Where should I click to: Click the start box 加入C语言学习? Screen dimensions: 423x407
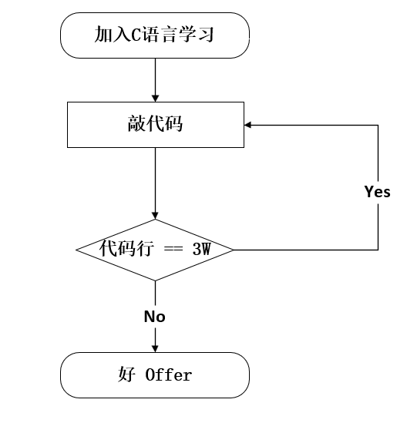coord(155,35)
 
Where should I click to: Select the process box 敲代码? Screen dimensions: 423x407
coord(155,123)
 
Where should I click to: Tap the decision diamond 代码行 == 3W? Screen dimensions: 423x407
coord(155,250)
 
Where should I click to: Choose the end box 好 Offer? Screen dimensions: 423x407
coord(155,375)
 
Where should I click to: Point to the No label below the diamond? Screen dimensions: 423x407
coord(155,317)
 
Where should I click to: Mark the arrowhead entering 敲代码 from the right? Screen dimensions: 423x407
coord(249,123)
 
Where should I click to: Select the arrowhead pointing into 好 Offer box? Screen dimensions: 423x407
coord(155,347)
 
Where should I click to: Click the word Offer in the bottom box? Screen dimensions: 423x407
coord(168,376)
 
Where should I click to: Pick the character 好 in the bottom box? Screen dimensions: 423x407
coord(126,375)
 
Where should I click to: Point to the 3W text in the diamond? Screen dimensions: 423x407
coord(201,250)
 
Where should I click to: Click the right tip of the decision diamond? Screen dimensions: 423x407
coord(234,250)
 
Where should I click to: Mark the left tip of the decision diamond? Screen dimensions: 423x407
coord(76,250)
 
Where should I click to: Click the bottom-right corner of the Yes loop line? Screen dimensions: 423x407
coord(378,250)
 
